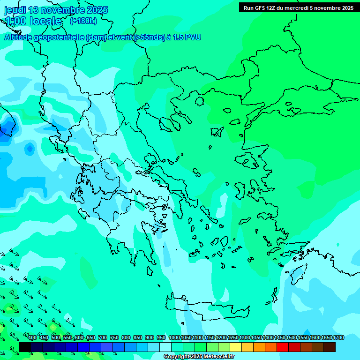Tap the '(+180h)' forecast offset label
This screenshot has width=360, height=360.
click(83, 21)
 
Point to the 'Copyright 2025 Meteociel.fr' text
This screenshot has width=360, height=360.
click(199, 357)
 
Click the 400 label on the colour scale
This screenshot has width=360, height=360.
click(32, 338)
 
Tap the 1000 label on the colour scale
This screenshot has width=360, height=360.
click(174, 338)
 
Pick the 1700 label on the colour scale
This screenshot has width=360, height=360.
click(338, 338)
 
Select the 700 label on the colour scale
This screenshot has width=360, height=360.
click(103, 338)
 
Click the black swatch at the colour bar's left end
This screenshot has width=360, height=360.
click(25, 347)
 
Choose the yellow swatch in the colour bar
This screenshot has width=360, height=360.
click(236, 347)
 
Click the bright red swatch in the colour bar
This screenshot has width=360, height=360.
click(283, 347)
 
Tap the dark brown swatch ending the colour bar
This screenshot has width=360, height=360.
click(330, 347)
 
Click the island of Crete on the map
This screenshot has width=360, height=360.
click(206, 307)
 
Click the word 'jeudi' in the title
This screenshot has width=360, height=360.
click(15, 10)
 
